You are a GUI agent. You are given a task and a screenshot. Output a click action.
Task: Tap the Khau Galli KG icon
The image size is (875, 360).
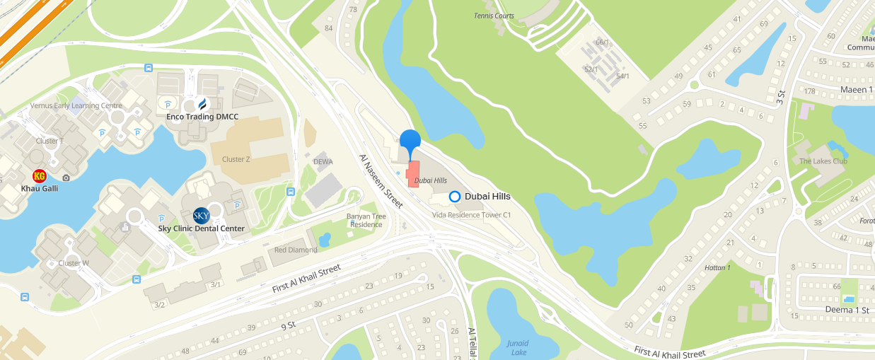point(40,176)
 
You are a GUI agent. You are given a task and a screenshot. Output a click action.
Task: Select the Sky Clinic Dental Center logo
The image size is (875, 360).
point(201,216)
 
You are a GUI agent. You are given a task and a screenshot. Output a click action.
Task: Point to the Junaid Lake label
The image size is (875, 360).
point(517,347)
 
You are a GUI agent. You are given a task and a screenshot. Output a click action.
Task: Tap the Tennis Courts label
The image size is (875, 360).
point(494,16)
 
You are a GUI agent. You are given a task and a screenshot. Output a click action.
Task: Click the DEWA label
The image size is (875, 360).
point(323,162)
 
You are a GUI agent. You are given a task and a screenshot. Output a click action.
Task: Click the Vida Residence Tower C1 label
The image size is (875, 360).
point(471,214)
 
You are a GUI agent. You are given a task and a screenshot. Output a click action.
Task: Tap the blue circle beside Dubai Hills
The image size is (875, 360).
point(455,197)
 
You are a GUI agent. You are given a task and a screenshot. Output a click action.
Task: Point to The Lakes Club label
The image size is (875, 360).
point(823,161)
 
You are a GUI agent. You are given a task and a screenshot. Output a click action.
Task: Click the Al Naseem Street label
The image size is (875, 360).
point(381,181)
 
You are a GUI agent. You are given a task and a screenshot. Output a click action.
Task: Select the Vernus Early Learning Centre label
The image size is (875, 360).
point(76,105)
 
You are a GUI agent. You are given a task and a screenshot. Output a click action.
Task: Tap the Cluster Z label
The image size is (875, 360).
point(236,159)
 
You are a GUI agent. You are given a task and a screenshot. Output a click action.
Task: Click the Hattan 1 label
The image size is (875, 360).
point(718,267)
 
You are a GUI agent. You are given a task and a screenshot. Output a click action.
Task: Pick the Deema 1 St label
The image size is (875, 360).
point(847,310)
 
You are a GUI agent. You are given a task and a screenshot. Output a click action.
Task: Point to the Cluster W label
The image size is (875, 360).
point(74,263)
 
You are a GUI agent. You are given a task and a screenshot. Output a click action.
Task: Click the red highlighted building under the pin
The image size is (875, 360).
point(413,174)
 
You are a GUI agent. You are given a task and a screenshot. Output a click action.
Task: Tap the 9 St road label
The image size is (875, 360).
point(287,326)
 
